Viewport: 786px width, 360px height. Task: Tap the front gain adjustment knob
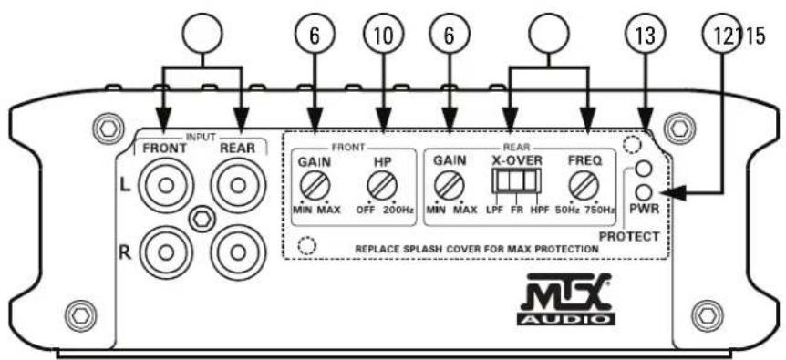coord(315,189)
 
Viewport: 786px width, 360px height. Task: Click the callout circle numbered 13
coord(644,36)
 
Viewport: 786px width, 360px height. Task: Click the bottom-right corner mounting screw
coord(702,316)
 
